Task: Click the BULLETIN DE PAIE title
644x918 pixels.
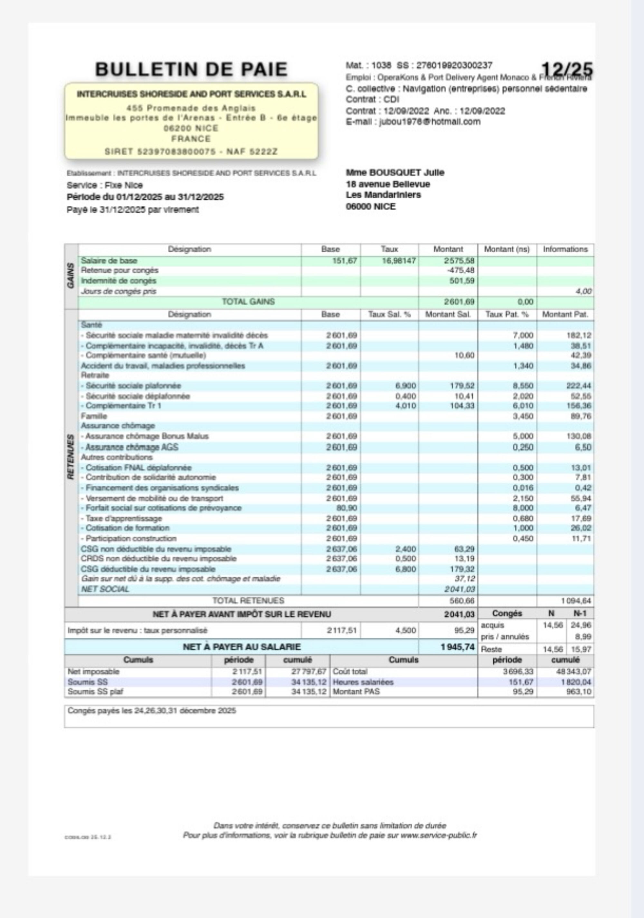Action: (x=191, y=69)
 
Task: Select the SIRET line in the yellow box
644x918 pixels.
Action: (x=191, y=151)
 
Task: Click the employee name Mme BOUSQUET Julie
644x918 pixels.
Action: (x=395, y=172)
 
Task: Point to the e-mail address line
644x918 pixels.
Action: (x=413, y=122)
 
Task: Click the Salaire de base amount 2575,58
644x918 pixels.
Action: (x=459, y=261)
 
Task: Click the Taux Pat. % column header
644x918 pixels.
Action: (x=507, y=314)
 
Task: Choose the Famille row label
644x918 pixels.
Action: (x=94, y=416)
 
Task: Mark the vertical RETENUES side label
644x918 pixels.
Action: (x=71, y=457)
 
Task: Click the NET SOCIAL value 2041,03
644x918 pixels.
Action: (x=459, y=589)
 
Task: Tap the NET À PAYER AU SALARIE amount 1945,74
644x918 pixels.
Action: (x=458, y=647)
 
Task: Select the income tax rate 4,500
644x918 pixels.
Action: (x=405, y=630)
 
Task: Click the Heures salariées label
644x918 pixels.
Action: (x=363, y=682)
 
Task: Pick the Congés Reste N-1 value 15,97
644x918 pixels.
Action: (x=581, y=649)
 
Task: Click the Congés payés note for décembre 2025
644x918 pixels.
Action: (x=151, y=710)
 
